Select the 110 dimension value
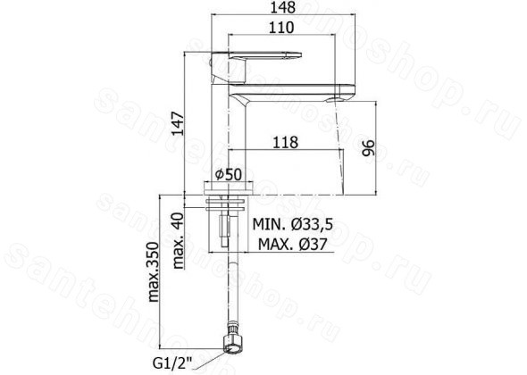[281, 28]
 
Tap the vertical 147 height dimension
[178, 123]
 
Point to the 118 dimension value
[285, 142]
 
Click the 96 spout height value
[368, 148]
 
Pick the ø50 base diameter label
[228, 174]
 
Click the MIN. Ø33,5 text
[292, 224]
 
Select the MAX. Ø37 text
[292, 245]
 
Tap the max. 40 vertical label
[179, 240]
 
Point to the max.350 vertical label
[154, 271]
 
